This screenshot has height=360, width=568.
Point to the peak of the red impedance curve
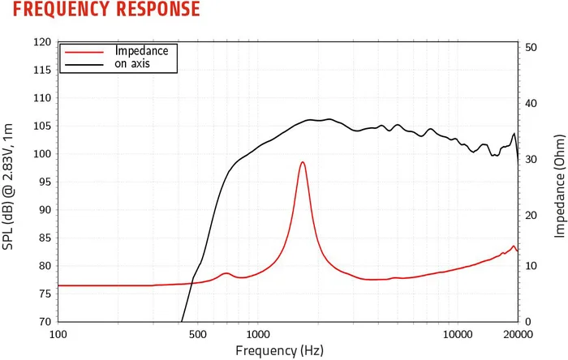pos(303,162)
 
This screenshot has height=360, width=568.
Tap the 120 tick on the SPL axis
pos(42,42)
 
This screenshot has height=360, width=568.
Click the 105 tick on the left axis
pos(42,126)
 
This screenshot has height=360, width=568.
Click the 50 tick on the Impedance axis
pos(532,48)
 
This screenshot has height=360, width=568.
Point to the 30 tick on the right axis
pos(532,160)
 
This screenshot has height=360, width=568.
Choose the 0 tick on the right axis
pos(530,322)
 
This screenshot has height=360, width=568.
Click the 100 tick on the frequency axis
pos(58,334)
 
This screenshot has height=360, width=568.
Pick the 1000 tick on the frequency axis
pos(258,334)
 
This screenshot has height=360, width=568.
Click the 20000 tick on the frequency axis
pos(518,334)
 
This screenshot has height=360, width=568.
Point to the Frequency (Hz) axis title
pos(279,350)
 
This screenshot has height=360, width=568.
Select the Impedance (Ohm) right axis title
pos(559,185)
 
